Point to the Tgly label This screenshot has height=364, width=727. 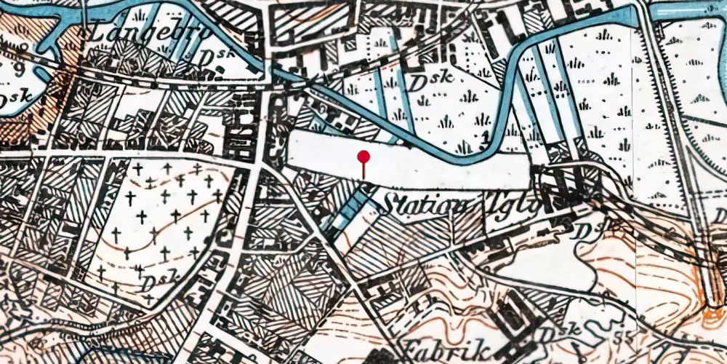[x=516, y=206]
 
